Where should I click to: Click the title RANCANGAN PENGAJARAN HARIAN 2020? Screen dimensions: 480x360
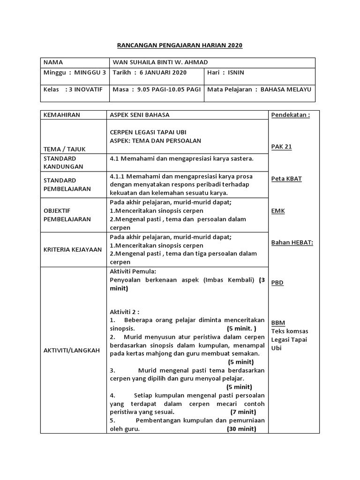point(180,45)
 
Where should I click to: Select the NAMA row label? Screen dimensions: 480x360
point(53,62)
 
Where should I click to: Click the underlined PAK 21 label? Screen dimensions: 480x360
point(282,147)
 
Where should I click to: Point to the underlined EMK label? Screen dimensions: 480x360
point(278,211)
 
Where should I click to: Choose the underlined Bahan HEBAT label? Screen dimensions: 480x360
point(292,243)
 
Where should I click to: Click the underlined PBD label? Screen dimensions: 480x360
point(277,283)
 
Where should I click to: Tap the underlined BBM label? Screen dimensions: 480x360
point(278,323)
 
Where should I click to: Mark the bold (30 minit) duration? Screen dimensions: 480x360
point(241,429)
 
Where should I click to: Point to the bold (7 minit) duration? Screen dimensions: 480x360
point(243,412)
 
